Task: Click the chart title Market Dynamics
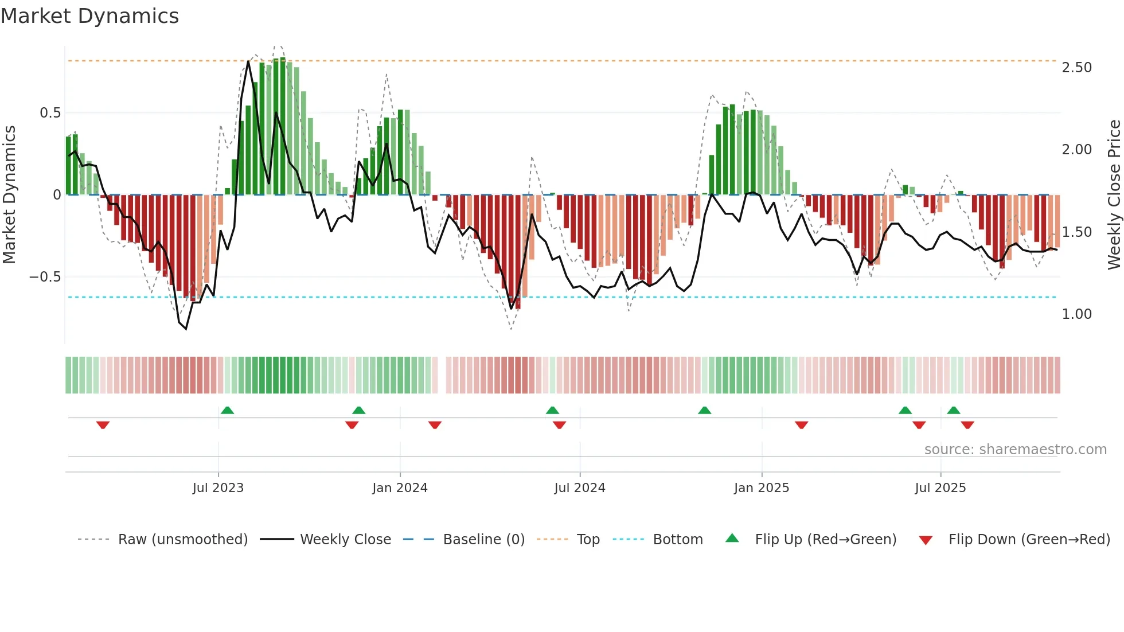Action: [90, 16]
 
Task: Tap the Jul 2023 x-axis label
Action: [218, 488]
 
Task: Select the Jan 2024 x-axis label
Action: [400, 488]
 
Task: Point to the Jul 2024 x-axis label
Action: [580, 488]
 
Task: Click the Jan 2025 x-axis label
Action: [762, 488]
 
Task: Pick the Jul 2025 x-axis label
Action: [940, 488]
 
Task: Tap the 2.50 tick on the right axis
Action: [1076, 68]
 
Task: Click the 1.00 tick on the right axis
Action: [1076, 314]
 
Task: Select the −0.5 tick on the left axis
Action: [45, 277]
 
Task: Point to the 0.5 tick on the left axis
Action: [50, 113]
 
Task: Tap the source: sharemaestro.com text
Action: [1015, 450]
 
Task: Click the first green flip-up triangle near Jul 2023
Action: [227, 410]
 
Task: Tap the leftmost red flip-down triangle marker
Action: [103, 425]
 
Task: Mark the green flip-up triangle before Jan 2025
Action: [704, 410]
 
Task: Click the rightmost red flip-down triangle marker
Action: [967, 425]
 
